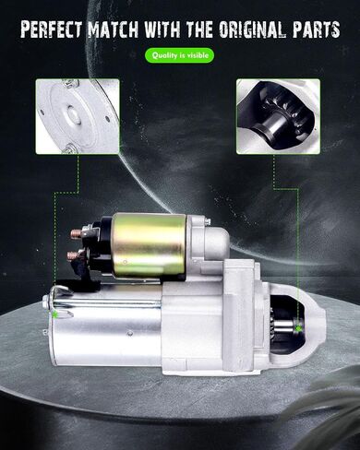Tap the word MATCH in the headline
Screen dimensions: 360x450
click(113, 30)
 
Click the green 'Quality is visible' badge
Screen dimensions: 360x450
click(179, 55)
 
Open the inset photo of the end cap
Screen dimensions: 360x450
click(78, 116)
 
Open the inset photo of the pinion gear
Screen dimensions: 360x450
click(278, 116)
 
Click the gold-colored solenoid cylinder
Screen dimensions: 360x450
click(150, 244)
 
